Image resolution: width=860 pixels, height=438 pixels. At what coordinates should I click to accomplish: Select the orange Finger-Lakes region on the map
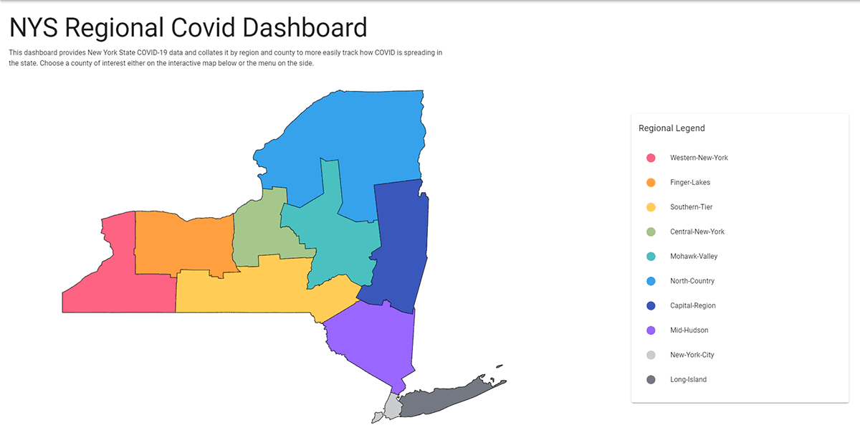click(x=183, y=240)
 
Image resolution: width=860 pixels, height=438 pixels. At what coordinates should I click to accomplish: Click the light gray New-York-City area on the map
click(x=391, y=409)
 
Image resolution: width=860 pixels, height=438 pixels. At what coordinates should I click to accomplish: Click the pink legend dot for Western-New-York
click(x=651, y=158)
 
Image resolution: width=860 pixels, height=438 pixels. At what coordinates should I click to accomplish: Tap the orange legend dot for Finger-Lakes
click(x=651, y=183)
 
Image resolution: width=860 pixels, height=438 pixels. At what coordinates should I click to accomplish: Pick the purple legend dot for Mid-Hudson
click(x=651, y=330)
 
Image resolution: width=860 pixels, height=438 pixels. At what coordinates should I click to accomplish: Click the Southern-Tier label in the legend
click(x=691, y=207)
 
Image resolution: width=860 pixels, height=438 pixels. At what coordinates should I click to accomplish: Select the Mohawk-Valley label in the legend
click(x=693, y=257)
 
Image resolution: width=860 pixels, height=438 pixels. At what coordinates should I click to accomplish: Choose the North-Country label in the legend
click(x=692, y=281)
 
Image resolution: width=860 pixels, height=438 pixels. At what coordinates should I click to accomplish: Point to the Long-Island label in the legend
click(x=688, y=380)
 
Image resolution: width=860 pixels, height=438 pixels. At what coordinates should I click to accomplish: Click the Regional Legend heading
click(x=672, y=128)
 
